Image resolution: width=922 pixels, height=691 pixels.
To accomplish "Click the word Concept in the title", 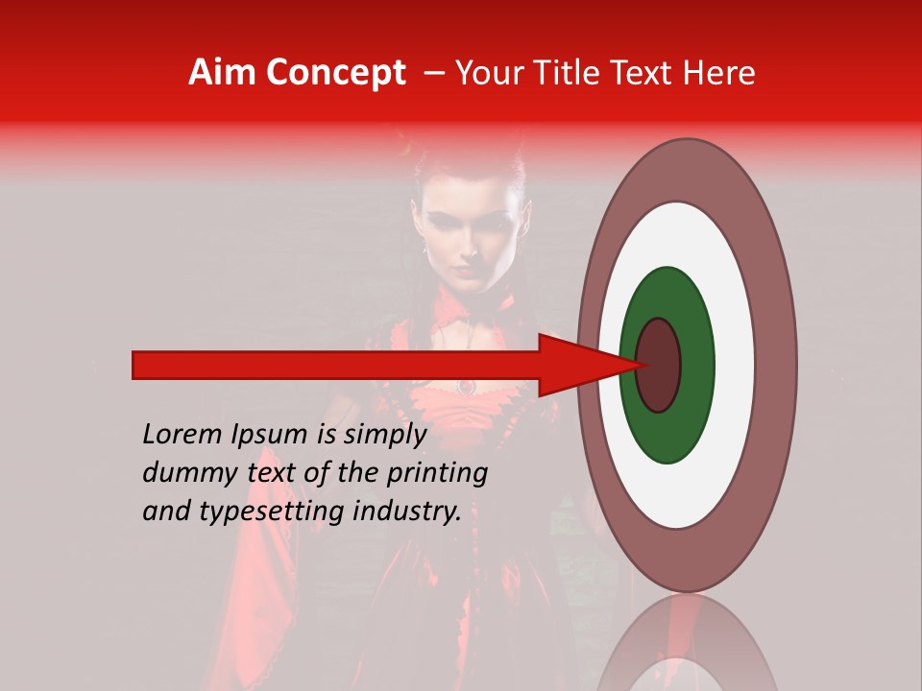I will coord(334,73).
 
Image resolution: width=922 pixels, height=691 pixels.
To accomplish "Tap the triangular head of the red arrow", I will coord(576,365).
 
